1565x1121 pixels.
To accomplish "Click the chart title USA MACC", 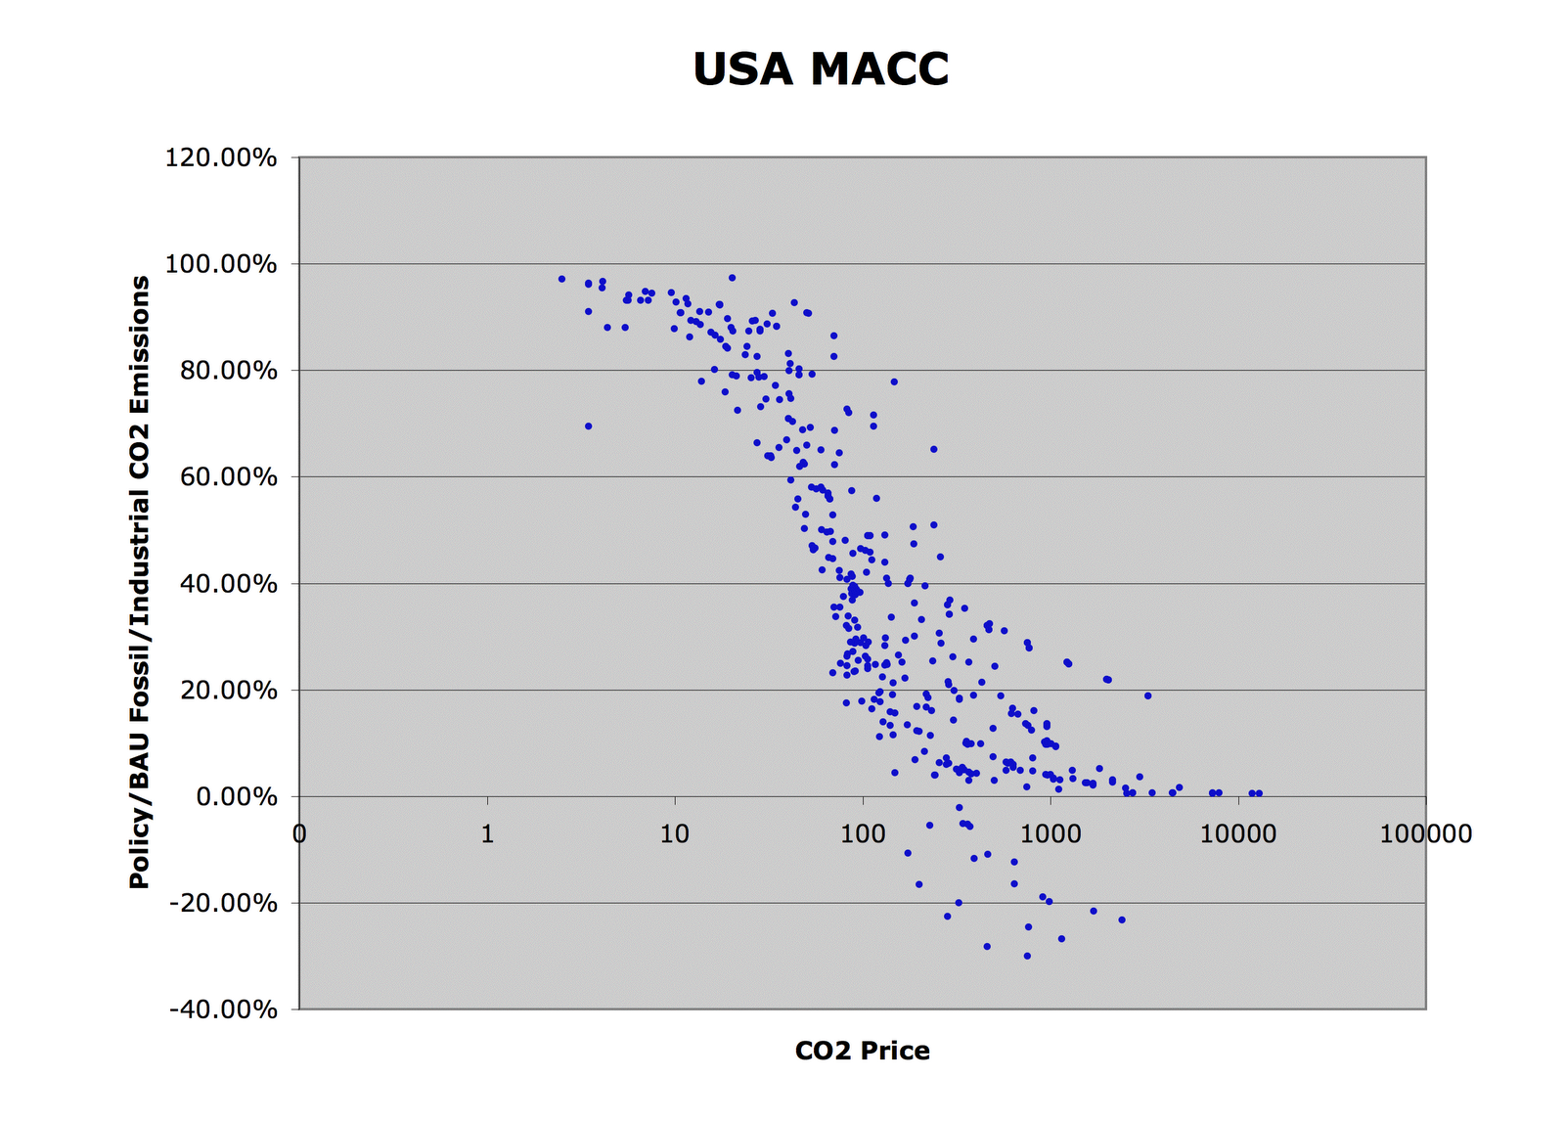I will tap(821, 69).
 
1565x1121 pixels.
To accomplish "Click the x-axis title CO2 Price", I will tap(862, 1052).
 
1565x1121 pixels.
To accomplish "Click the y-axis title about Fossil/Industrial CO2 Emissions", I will tap(140, 582).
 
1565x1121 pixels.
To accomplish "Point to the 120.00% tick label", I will tap(221, 157).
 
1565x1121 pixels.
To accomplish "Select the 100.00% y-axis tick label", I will tap(221, 264).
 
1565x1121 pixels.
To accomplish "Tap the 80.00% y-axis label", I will tap(227, 371).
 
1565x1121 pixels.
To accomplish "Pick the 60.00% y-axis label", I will tap(227, 477).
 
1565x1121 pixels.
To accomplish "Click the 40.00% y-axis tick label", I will tap(227, 584).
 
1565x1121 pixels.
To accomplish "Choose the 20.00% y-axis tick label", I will tap(227, 691).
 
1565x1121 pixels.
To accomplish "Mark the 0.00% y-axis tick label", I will tap(236, 797).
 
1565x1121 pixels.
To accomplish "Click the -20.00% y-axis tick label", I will tap(223, 903).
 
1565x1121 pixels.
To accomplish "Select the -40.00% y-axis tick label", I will tap(223, 1009).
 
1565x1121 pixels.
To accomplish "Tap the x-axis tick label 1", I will tap(487, 834).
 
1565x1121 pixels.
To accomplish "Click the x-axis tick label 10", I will tap(674, 834).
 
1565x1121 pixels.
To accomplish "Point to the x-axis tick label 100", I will tap(862, 834).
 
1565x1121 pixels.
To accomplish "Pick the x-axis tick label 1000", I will tap(1050, 834).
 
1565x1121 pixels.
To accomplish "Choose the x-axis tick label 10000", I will tap(1237, 834).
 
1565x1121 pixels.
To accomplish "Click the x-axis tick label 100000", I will tap(1425, 834).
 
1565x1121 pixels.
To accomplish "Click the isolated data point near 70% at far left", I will tap(588, 426).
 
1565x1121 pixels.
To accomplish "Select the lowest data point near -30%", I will tap(1027, 956).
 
